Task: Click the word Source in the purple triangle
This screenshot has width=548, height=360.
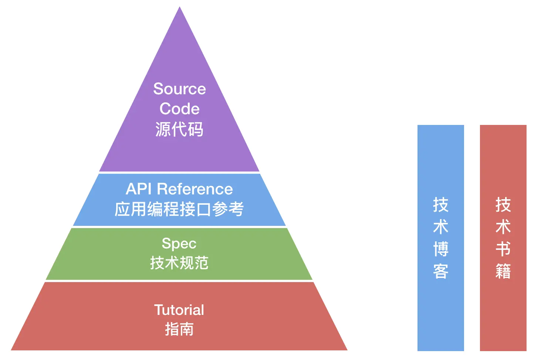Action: [179, 89]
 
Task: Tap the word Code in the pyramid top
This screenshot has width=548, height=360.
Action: [179, 109]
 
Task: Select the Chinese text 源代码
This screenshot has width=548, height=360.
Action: [179, 129]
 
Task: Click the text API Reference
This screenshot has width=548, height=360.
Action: [179, 189]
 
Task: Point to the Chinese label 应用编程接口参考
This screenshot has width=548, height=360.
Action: [179, 209]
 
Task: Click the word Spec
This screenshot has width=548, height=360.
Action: [179, 244]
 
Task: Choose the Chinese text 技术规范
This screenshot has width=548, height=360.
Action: [179, 263]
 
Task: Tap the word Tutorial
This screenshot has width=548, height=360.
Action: [179, 310]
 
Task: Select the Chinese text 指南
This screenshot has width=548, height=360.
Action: [179, 329]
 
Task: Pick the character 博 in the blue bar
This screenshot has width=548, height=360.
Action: [441, 249]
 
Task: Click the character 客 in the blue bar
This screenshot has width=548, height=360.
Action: [441, 271]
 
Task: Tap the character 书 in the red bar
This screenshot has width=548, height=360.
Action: [503, 249]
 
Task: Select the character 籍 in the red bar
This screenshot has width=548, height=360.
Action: [503, 271]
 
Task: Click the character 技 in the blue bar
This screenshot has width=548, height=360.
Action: [441, 205]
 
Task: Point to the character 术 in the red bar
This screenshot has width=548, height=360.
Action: [503, 227]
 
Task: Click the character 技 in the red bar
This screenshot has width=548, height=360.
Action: [503, 205]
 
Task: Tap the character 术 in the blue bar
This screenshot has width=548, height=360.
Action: [441, 227]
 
